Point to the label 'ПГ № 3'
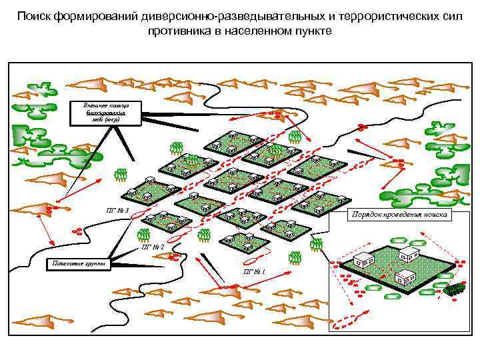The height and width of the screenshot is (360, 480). [x=117, y=211]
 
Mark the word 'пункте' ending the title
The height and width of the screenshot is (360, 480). [x=311, y=31]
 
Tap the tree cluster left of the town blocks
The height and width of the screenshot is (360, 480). [x=121, y=175]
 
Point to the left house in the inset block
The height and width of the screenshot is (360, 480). [x=364, y=260]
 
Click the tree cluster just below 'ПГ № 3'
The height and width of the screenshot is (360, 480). [x=142, y=235]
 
